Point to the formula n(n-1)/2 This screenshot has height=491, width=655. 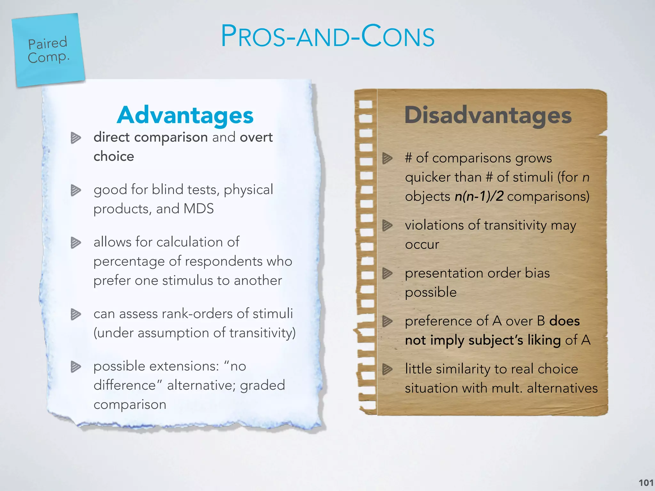(479, 196)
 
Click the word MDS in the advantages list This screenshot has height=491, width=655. (199, 209)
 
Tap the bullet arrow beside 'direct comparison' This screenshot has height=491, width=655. (76, 138)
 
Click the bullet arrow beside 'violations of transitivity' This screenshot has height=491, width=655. (387, 225)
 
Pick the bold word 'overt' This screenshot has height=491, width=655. (256, 137)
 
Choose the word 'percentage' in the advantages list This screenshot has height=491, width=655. (129, 262)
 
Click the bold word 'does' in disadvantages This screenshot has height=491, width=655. (564, 321)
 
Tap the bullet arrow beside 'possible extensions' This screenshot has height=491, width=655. (76, 367)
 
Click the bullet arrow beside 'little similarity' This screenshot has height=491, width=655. (387, 369)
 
